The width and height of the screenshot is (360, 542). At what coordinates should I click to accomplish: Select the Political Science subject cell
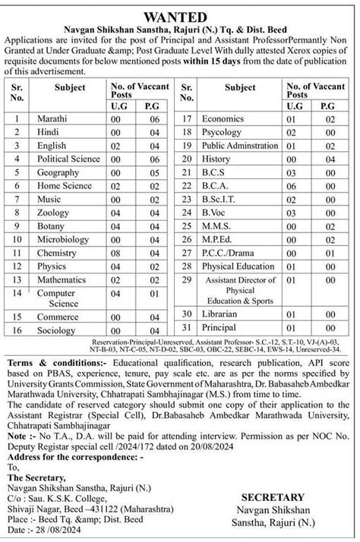coord(69,159)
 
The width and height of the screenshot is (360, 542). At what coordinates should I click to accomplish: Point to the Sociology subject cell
coord(57,331)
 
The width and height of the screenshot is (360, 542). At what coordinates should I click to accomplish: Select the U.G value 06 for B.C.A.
coord(289,185)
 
